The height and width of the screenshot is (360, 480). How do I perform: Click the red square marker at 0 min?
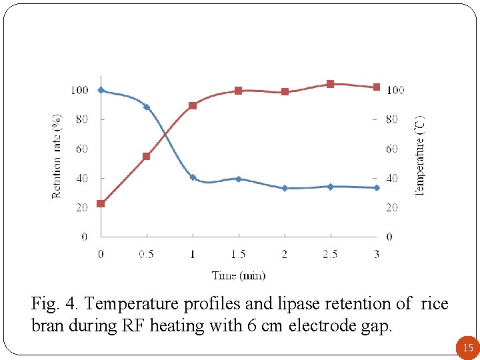pos(101,203)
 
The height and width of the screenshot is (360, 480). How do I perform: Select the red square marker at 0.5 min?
pos(147,157)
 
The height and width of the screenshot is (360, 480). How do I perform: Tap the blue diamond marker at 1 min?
pos(193,177)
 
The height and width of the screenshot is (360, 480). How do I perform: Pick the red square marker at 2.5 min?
pos(330,84)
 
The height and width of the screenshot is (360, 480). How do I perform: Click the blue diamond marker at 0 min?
pos(101,90)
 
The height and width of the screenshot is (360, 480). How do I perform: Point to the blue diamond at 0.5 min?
pos(147,107)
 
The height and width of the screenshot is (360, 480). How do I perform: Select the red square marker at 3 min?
pos(377,87)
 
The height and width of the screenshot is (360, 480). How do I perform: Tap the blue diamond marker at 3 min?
pos(377,188)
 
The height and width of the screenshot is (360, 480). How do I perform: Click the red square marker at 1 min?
pos(193,105)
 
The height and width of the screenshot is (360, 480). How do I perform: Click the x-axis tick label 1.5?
pos(238,254)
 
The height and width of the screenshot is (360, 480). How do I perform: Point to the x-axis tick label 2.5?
pos(330,254)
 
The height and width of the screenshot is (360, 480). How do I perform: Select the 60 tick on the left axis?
pos(81,149)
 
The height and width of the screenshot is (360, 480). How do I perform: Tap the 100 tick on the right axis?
pos(395,90)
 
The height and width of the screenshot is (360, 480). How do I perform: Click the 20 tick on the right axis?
pos(392,207)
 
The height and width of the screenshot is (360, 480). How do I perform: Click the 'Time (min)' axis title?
pos(239,275)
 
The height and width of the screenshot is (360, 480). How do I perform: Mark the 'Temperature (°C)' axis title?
pos(419,156)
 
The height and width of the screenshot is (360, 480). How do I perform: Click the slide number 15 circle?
pos(467,347)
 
